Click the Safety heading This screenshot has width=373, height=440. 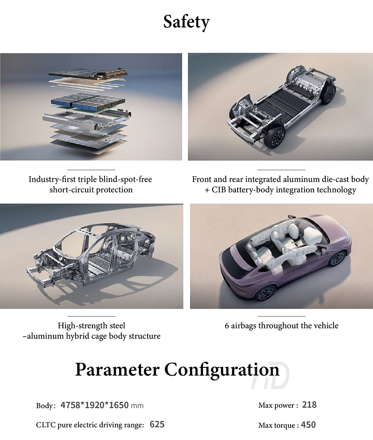pyautogui.click(x=186, y=22)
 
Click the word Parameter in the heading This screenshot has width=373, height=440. pyautogui.click(x=118, y=369)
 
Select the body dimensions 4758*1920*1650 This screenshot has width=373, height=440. pyautogui.click(x=95, y=405)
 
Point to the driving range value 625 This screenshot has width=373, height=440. pyautogui.click(x=157, y=424)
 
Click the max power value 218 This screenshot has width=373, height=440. pyautogui.click(x=309, y=405)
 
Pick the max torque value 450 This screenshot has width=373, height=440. pyautogui.click(x=308, y=425)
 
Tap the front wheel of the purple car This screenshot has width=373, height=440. pyautogui.click(x=265, y=294)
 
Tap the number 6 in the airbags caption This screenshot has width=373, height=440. pyautogui.click(x=227, y=325)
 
